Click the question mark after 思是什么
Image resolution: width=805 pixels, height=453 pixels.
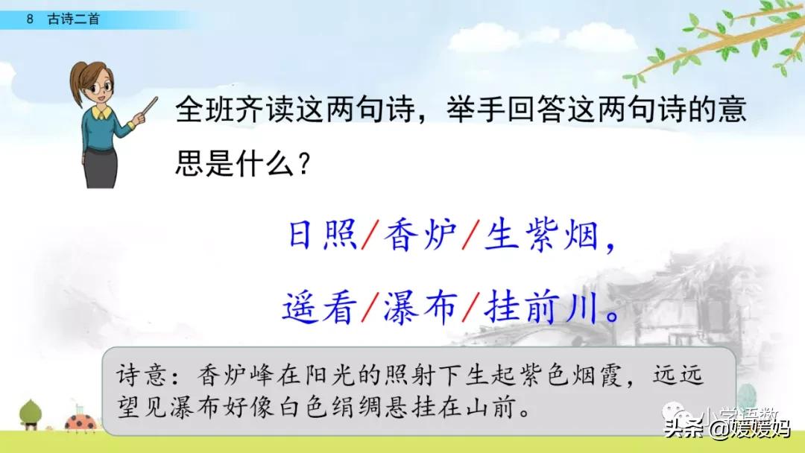tap(302, 160)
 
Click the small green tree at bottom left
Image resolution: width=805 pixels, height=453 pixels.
tap(30, 414)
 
